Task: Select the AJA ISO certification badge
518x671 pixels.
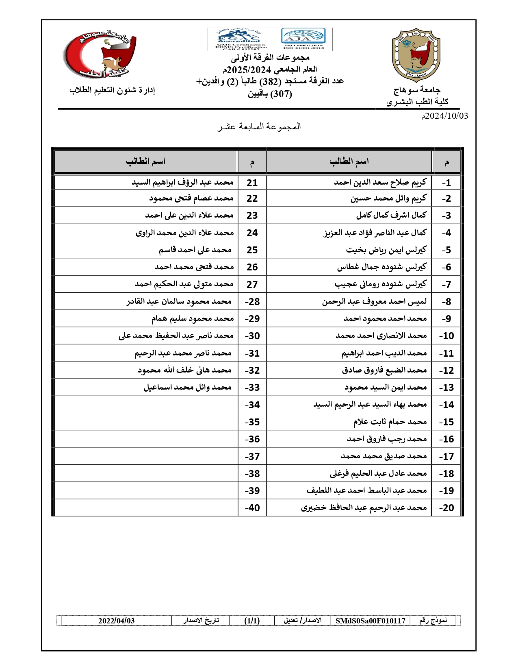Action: point(303,38)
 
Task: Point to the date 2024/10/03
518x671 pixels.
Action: point(445,116)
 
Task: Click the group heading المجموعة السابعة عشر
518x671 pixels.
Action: point(259,126)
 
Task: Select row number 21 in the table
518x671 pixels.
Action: point(252,183)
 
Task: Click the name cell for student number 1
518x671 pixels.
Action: point(380,183)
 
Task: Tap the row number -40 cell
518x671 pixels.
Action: point(252,508)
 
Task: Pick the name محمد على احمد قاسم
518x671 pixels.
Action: point(195,250)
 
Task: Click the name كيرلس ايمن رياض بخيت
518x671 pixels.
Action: point(386,250)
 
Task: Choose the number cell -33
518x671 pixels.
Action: point(252,388)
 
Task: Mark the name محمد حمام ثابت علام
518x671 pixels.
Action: point(390,422)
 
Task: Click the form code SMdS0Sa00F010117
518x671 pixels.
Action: point(370,621)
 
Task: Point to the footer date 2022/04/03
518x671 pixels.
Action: point(116,621)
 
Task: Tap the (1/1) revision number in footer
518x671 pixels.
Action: point(252,621)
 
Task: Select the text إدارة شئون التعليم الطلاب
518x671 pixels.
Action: point(112,90)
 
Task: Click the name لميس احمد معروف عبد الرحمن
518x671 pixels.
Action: point(374,302)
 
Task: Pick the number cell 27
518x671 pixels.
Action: point(252,285)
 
